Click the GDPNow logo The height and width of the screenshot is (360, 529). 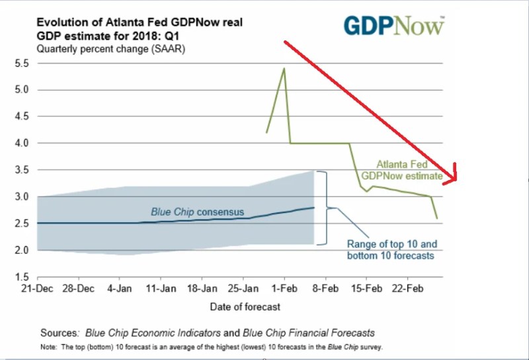click(394, 24)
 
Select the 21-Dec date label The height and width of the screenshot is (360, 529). click(37, 289)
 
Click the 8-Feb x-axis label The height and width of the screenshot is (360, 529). click(325, 289)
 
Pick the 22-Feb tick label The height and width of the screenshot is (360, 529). click(408, 289)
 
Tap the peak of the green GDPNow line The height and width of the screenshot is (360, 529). click(284, 68)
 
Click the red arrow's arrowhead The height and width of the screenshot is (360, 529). click(452, 175)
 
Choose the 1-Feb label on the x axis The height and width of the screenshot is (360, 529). click(284, 289)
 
